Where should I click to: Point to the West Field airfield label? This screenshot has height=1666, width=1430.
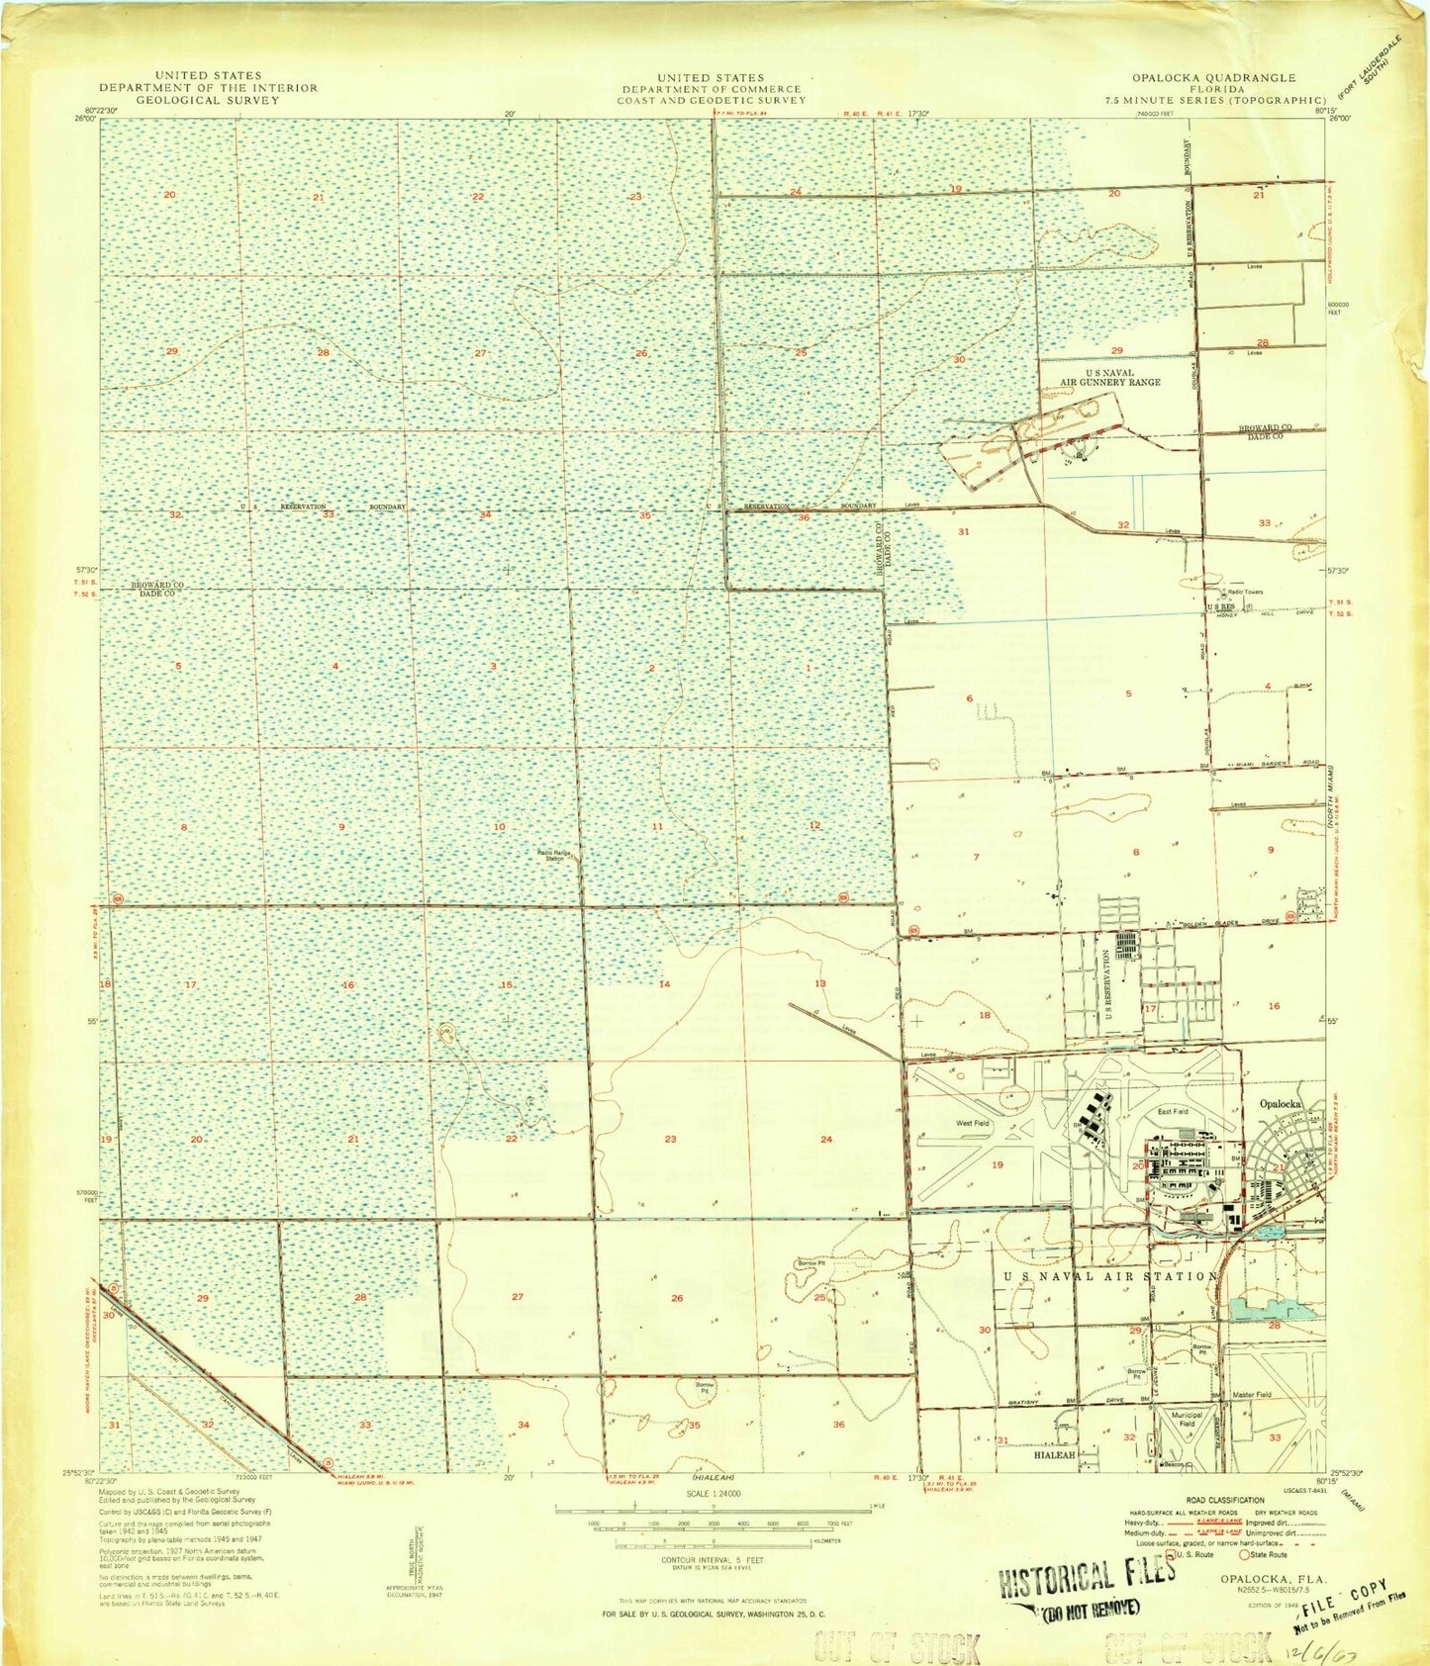pyautogui.click(x=972, y=1123)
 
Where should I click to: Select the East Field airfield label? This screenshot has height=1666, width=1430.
pyautogui.click(x=1173, y=1112)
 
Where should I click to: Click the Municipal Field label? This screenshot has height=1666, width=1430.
pyautogui.click(x=1187, y=1420)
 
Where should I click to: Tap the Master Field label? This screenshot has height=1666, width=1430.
pyautogui.click(x=1252, y=1394)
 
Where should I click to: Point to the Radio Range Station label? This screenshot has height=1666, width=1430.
pyautogui.click(x=550, y=855)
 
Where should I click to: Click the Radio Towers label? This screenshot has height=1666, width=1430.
pyautogui.click(x=1245, y=592)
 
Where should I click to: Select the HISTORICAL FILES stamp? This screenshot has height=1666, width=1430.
pyautogui.click(x=1087, y=1577)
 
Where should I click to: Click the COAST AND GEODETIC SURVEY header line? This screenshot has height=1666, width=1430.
pyautogui.click(x=713, y=100)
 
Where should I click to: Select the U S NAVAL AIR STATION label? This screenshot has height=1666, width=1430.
pyautogui.click(x=1110, y=1276)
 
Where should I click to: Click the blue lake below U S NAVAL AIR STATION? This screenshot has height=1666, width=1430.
pyautogui.click(x=1285, y=1311)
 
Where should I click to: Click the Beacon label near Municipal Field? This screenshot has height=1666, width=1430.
pyautogui.click(x=1174, y=1463)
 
